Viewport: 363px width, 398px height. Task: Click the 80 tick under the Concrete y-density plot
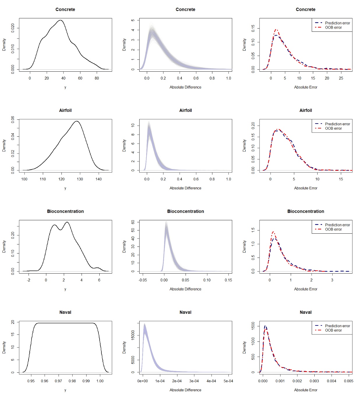tap(97, 78)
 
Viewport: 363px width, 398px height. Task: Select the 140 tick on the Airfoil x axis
tap(98, 179)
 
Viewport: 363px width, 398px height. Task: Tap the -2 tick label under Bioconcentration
tap(29, 280)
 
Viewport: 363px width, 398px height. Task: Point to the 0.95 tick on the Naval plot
tap(31, 381)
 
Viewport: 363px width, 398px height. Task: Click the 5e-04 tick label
tap(228, 381)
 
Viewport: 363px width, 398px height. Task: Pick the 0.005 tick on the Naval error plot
tap(348, 381)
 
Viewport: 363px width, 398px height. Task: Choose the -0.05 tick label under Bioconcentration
tap(143, 280)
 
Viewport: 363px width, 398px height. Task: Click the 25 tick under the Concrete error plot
tap(341, 78)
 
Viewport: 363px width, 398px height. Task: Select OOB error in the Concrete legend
tap(333, 27)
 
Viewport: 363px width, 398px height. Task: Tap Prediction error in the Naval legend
tap(337, 326)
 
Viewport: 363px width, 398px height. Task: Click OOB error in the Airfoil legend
tap(333, 128)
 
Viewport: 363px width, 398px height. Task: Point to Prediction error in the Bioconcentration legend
tap(337, 225)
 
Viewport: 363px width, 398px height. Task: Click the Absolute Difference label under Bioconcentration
tap(185, 289)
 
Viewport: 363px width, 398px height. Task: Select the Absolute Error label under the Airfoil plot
tap(306, 188)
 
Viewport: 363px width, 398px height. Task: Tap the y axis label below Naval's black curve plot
tap(65, 390)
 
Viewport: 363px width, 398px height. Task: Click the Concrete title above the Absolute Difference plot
tap(185, 10)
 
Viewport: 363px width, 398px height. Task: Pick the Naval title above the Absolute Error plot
tap(306, 312)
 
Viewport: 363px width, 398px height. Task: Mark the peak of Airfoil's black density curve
tap(77, 121)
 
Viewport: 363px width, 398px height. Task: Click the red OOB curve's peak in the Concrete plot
tap(276, 29)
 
